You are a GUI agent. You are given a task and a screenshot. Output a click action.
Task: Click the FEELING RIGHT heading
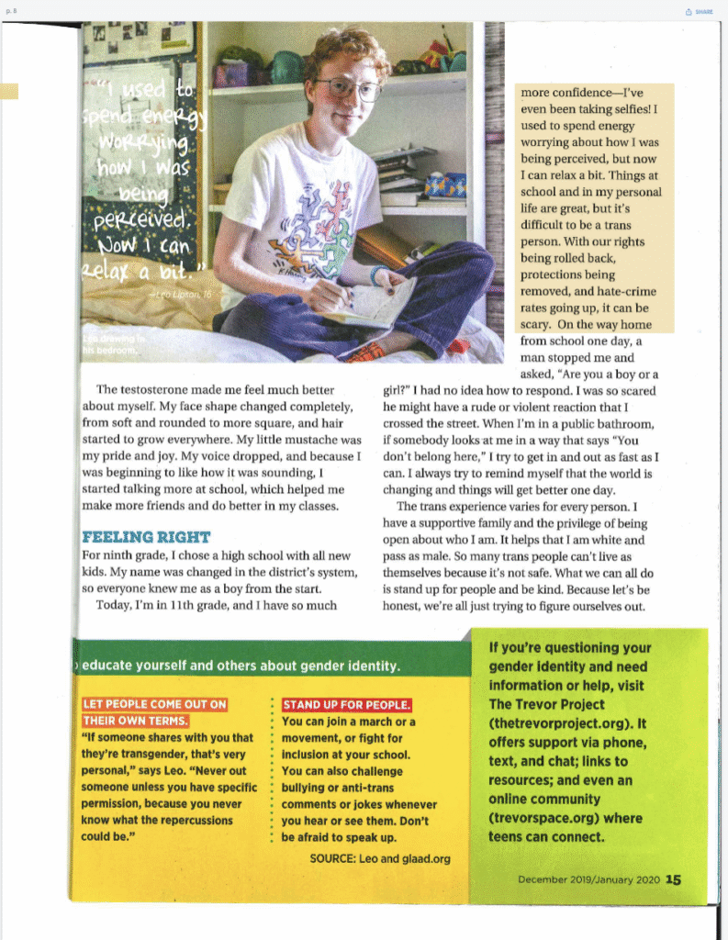tap(146, 537)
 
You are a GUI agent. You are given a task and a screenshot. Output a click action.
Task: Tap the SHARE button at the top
tap(699, 12)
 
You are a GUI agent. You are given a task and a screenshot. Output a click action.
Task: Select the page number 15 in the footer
tap(674, 879)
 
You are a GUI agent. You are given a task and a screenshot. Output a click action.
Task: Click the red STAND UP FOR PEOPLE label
tap(347, 705)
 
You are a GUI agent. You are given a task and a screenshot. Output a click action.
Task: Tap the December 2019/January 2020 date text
tap(588, 879)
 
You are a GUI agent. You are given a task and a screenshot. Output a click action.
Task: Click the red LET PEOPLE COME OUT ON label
tap(154, 705)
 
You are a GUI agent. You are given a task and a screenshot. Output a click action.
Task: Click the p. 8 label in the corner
tap(10, 11)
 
